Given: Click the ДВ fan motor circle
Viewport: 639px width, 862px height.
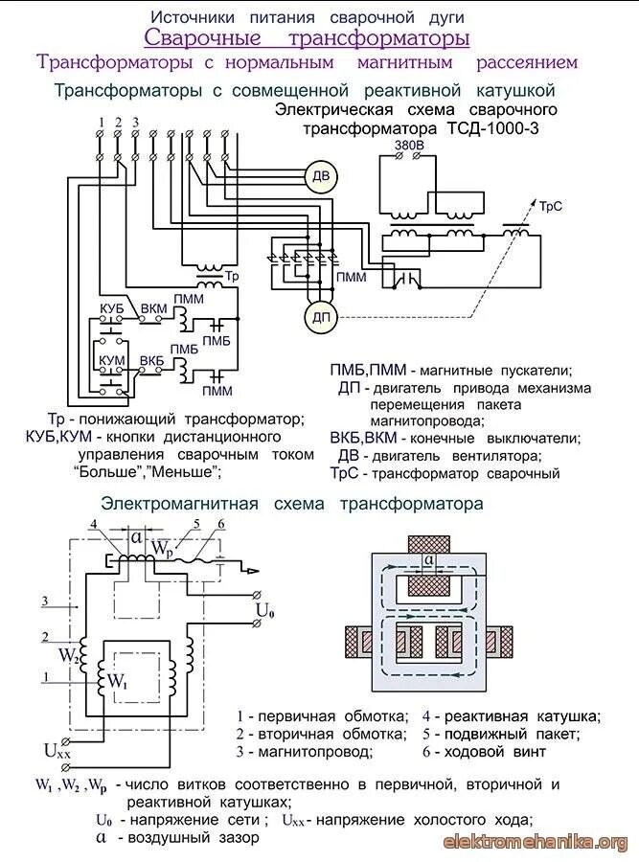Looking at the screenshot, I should [x=321, y=175].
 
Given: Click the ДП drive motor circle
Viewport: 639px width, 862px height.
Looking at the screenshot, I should [x=317, y=318].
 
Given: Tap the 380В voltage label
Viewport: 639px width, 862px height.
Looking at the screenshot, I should [x=409, y=146].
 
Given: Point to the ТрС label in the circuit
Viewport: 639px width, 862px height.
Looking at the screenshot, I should [x=550, y=206].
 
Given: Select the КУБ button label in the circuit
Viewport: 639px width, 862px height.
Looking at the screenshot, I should [x=114, y=308].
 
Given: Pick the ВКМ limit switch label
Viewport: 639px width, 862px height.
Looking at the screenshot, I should [x=152, y=308].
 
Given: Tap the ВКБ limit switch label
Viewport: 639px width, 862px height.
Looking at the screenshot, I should [x=151, y=359].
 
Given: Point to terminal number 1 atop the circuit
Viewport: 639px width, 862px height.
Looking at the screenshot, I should [x=100, y=122].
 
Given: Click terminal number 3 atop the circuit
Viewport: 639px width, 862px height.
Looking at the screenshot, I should [x=135, y=122].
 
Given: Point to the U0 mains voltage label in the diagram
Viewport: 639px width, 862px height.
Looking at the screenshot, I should [x=264, y=609].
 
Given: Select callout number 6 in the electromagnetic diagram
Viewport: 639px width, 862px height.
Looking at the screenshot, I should [x=221, y=523].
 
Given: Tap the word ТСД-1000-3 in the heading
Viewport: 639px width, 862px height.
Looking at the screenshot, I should [x=494, y=127].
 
